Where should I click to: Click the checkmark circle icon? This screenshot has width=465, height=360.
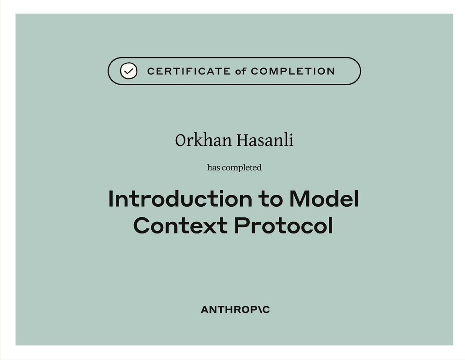(x=128, y=71)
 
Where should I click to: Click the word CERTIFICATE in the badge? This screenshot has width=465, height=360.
(x=189, y=71)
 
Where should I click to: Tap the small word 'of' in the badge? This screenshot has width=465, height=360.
(x=241, y=71)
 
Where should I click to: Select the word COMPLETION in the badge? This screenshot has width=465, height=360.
(x=293, y=71)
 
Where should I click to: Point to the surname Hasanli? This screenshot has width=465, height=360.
(x=265, y=140)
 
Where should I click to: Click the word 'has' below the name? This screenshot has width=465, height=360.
(x=213, y=168)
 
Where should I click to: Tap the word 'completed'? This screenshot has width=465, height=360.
(x=241, y=168)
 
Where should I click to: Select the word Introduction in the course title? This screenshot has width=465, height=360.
(x=180, y=198)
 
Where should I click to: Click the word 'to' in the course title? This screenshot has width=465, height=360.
(x=270, y=199)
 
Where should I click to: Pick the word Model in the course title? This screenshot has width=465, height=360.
(x=324, y=198)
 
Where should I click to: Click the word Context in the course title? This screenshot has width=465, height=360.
(x=180, y=226)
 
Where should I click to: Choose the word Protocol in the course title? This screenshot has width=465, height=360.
(x=283, y=226)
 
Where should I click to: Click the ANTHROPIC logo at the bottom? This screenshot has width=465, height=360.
(x=235, y=309)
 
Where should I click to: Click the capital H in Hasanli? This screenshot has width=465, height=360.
(x=243, y=140)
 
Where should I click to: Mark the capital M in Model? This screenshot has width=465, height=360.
(x=299, y=199)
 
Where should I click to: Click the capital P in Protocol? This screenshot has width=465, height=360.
(x=241, y=226)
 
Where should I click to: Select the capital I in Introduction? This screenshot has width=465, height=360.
(x=110, y=199)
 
